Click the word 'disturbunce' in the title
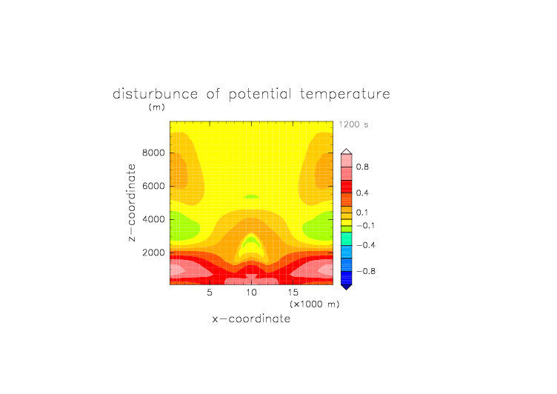click(x=155, y=94)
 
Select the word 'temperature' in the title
click(x=345, y=94)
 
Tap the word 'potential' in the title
click(x=260, y=94)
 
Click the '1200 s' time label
click(x=353, y=124)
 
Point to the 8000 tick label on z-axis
click(x=153, y=153)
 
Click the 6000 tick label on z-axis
click(x=153, y=186)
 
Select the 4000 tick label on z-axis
click(x=153, y=219)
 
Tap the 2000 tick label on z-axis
click(x=153, y=253)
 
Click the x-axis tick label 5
click(x=210, y=293)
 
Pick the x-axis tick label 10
click(x=251, y=293)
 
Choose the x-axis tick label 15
click(x=293, y=293)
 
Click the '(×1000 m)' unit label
click(x=315, y=304)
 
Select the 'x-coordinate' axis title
click(x=251, y=318)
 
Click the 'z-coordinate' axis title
click(x=131, y=203)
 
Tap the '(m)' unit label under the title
click(x=157, y=107)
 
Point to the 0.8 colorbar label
click(x=362, y=167)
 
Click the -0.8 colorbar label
click(x=366, y=271)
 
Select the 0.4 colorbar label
click(x=362, y=193)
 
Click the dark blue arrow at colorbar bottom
click(x=347, y=287)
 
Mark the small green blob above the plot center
click(x=251, y=196)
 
